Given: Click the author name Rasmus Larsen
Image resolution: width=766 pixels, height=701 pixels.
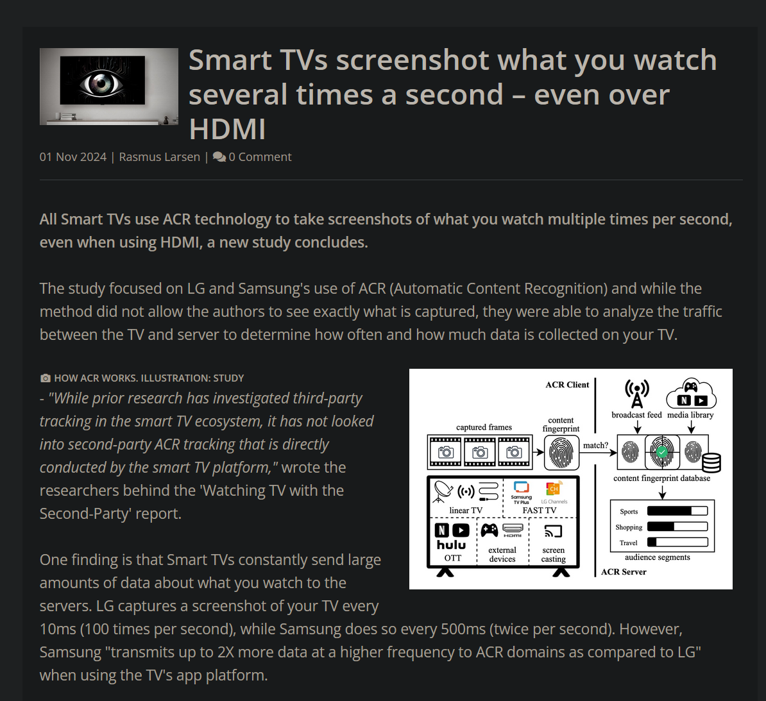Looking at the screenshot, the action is pos(160,156).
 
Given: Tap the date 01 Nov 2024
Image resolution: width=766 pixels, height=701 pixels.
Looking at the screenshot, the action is pos(72,156).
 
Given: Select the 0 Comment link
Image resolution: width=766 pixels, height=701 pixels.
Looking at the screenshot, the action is pos(252,156).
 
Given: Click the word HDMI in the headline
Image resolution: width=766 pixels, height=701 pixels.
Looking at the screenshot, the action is pos(227,130).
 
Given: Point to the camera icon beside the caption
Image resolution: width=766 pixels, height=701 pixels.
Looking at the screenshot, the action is pos(46,378).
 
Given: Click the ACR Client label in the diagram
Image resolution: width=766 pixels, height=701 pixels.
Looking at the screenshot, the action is pos(567,384).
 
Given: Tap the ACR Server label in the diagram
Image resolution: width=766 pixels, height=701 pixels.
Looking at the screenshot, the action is pos(624,571).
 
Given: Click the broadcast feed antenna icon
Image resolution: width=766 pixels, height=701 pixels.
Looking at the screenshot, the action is pos(637,393).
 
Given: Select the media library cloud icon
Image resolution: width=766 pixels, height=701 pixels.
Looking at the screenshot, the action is pos(691,394).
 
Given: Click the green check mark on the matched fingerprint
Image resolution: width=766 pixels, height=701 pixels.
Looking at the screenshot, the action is pos(662,452).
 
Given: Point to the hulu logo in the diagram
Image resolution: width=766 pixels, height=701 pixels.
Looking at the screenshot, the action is pos(451,545).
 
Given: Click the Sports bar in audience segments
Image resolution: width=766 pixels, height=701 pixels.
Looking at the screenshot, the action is pos(677,511).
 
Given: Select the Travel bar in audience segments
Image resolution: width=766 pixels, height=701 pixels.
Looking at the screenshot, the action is pos(677,542).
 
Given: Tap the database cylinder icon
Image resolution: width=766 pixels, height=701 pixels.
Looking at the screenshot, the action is pos(711,462).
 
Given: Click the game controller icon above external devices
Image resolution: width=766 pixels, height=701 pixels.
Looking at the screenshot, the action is pos(489,530).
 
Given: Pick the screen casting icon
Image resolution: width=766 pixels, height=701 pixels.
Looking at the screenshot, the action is pos(553,531).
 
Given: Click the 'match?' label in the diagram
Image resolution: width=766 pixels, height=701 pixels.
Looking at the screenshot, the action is pos(595,445).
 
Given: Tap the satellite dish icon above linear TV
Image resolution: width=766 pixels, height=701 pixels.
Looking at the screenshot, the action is pos(443,491).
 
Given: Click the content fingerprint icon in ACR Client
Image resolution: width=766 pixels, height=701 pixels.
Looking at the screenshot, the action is pos(561,452).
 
